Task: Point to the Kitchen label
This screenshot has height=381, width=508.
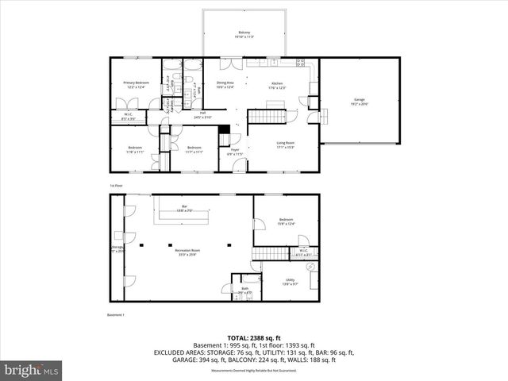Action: pos(278,85)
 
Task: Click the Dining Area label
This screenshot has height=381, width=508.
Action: pos(225,84)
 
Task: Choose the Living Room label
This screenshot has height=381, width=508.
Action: pos(286,145)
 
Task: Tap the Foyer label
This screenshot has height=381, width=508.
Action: pos(235,151)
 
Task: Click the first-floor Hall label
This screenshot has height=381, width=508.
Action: pos(202,115)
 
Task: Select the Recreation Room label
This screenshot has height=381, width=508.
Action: pos(188,252)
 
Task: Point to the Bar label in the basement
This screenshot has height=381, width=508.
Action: pos(184,208)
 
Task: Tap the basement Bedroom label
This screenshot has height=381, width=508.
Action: pos(286,221)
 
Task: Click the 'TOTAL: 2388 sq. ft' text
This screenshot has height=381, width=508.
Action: pos(254,337)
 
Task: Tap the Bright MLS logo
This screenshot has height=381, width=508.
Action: pos(32,370)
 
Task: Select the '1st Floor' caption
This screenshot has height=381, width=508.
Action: pos(117,185)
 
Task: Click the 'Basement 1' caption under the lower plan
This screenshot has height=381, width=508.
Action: pos(117,314)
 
